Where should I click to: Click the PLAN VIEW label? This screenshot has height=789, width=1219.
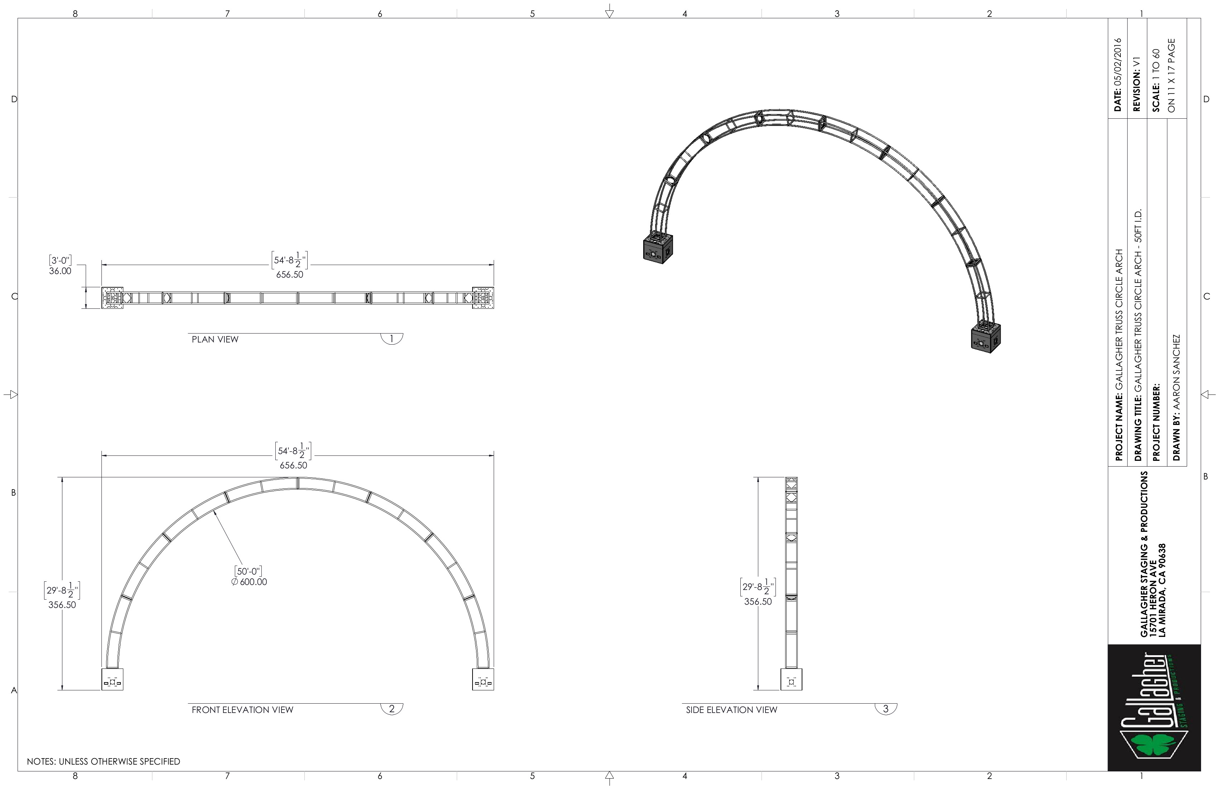(x=215, y=339)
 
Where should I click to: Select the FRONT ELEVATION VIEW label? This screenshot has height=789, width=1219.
(x=242, y=710)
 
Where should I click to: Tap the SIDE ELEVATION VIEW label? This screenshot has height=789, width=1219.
(x=731, y=710)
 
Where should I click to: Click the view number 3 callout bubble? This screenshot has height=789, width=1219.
(x=886, y=709)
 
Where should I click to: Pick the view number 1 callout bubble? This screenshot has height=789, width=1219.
(x=392, y=339)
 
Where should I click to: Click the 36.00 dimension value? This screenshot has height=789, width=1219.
(x=60, y=271)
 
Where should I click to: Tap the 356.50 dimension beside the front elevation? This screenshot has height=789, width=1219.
(x=62, y=605)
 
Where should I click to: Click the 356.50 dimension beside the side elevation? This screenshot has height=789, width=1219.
(x=758, y=601)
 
